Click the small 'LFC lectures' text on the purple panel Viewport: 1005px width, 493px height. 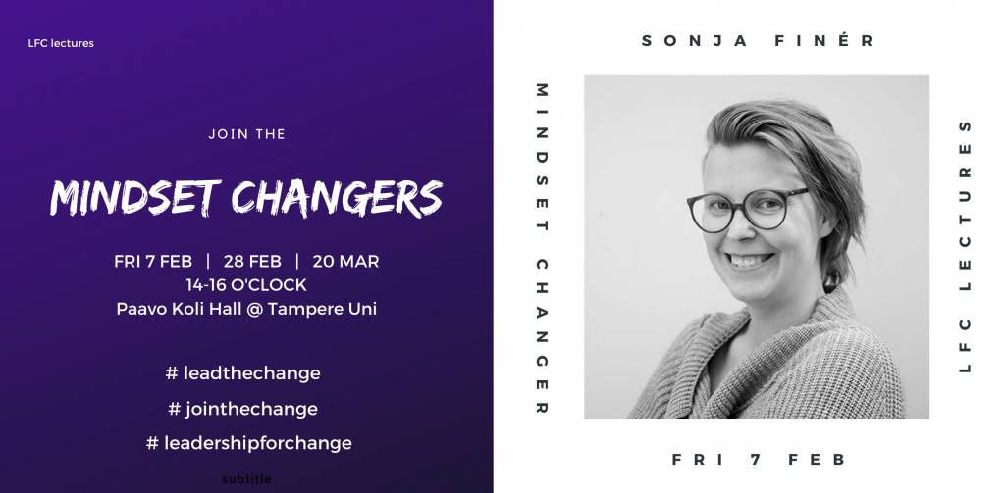click(x=61, y=43)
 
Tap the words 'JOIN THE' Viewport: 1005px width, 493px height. click(x=246, y=134)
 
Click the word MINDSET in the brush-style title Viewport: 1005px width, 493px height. click(x=135, y=197)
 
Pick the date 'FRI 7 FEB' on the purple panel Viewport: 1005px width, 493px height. click(x=153, y=262)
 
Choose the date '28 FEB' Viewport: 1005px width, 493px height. click(x=252, y=262)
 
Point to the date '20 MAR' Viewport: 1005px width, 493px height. click(x=346, y=262)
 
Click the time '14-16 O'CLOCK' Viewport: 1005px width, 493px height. click(x=246, y=285)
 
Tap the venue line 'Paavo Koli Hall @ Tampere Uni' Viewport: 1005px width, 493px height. click(x=246, y=309)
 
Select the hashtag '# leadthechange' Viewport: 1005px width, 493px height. click(x=243, y=373)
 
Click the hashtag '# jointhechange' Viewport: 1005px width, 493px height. click(x=243, y=409)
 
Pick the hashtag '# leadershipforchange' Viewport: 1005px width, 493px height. click(x=248, y=443)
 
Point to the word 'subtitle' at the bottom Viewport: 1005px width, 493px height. click(x=246, y=479)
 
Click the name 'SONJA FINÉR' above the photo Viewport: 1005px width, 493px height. click(x=759, y=41)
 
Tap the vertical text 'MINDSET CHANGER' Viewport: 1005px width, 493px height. click(x=542, y=248)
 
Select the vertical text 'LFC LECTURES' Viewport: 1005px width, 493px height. click(x=966, y=247)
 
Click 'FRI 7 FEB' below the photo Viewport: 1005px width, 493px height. click(x=759, y=459)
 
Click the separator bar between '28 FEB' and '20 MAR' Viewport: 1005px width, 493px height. click(x=297, y=262)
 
